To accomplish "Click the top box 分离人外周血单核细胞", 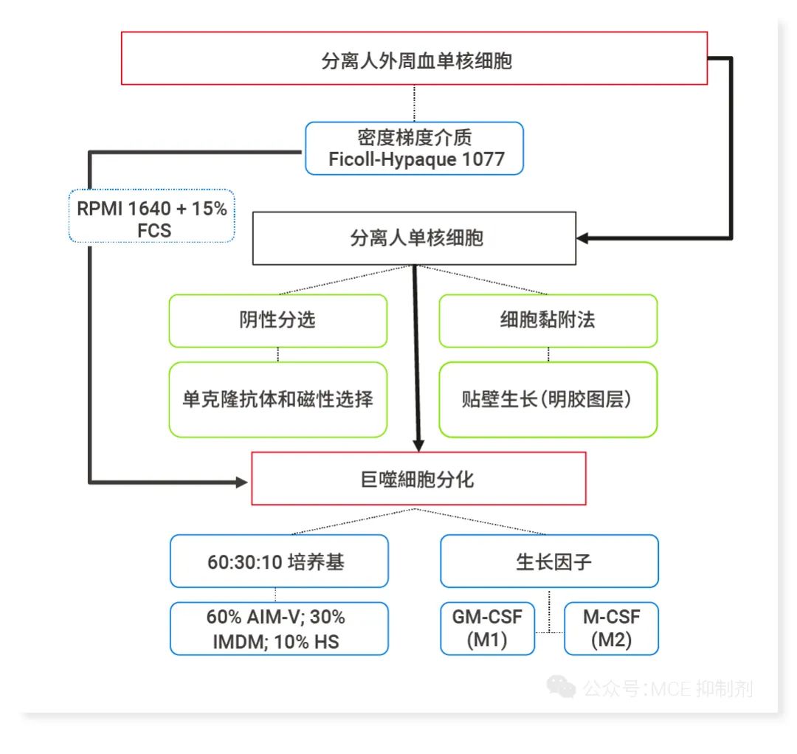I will [413, 58].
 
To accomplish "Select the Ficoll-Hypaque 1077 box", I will [414, 148].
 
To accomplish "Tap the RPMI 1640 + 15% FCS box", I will [152, 218].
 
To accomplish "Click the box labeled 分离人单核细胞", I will [414, 238].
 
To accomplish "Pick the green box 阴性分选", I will [277, 320].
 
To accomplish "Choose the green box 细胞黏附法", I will [548, 320].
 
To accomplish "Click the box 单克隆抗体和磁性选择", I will [277, 399].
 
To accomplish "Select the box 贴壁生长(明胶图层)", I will [548, 399].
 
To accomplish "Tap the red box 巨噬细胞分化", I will [418, 479].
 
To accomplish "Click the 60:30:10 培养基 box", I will [279, 561].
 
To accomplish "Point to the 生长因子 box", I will [549, 561].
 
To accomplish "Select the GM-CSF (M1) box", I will [487, 629].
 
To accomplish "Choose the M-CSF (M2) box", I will [611, 629].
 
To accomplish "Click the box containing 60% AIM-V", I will [279, 629].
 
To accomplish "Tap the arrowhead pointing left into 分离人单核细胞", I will [584, 238].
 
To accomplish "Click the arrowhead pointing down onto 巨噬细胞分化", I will [418, 445].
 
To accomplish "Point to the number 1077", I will [483, 159].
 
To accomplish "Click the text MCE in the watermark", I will [670, 689].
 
